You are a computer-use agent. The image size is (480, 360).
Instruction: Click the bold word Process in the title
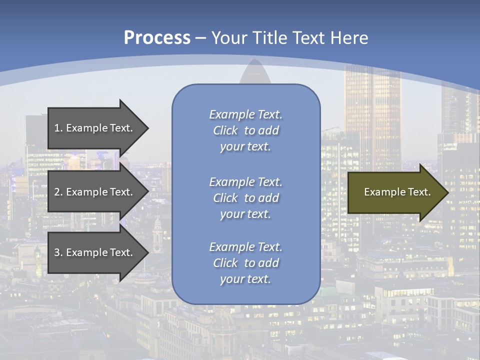tap(157, 38)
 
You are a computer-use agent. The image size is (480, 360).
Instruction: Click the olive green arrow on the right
tap(395, 192)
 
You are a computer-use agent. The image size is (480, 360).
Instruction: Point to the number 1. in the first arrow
tap(58, 128)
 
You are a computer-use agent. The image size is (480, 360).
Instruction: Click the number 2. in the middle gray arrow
tap(58, 192)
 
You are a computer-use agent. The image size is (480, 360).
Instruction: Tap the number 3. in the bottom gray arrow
tap(58, 252)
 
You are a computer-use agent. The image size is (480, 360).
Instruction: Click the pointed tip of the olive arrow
tap(446, 192)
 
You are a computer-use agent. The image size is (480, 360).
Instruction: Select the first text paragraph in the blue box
tap(245, 130)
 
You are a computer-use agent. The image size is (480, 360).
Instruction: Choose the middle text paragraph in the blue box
tap(245, 198)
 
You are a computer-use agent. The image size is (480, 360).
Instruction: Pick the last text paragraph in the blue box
tap(245, 263)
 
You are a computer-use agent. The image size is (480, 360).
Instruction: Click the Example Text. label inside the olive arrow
tap(397, 192)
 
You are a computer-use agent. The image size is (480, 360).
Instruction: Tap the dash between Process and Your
tap(201, 38)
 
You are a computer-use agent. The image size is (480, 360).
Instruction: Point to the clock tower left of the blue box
tap(158, 235)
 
